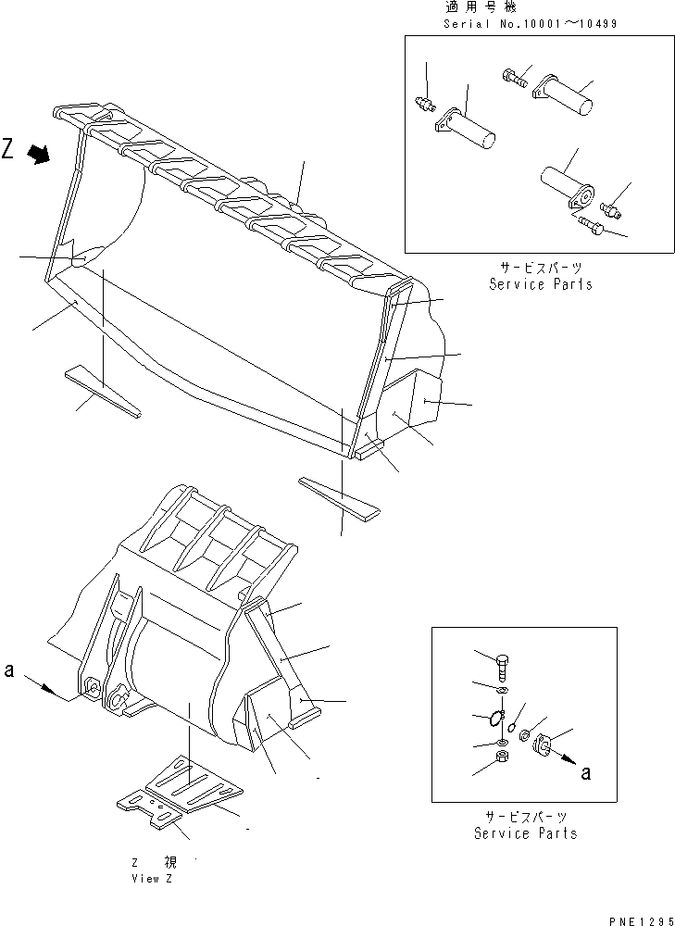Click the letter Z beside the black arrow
pos(9,149)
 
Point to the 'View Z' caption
pos(152,878)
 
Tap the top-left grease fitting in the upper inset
pos(424,104)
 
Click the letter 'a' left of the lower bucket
pos(8,669)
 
